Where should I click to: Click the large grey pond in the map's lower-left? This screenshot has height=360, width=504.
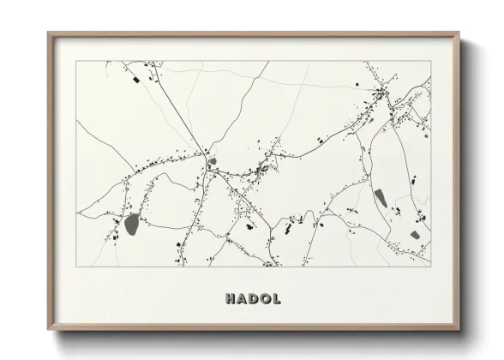133,225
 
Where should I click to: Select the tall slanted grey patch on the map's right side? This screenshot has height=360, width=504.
381,198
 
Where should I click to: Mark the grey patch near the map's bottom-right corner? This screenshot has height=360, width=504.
415,234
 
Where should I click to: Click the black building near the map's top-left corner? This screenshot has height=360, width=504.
135,79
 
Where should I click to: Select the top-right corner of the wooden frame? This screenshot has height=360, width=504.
459,34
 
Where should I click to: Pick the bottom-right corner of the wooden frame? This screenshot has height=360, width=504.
459,330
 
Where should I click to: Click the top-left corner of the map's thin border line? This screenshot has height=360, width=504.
76,61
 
